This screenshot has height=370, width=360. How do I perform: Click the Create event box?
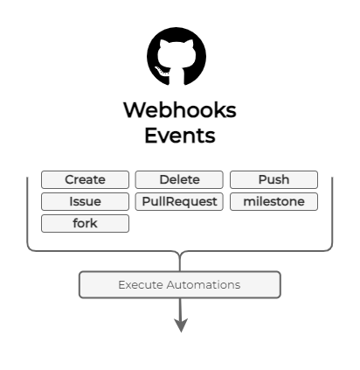click(x=85, y=179)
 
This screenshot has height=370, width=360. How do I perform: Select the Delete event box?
click(x=179, y=179)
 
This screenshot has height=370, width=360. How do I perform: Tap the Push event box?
click(x=273, y=179)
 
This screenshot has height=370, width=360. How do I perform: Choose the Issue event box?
click(x=85, y=201)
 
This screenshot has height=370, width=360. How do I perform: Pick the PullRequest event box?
click(x=179, y=201)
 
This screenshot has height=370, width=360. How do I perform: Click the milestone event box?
click(x=273, y=201)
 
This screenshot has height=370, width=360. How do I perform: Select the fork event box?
click(x=85, y=223)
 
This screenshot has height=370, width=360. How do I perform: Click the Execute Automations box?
click(x=180, y=284)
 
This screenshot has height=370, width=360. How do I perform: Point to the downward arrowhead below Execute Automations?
click(x=181, y=325)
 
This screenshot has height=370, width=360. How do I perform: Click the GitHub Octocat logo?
click(x=177, y=56)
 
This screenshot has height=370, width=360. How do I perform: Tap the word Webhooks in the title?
click(x=180, y=110)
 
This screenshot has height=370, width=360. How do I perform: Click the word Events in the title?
click(x=180, y=136)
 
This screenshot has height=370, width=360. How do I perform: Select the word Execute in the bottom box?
click(x=141, y=284)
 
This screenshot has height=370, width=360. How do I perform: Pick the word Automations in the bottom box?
click(x=204, y=284)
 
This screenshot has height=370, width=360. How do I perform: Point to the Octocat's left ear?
click(x=164, y=44)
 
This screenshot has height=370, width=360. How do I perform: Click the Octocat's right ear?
click(x=189, y=44)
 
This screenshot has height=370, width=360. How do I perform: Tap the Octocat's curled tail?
click(x=162, y=72)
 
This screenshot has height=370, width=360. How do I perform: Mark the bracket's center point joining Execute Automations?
click(x=180, y=256)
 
